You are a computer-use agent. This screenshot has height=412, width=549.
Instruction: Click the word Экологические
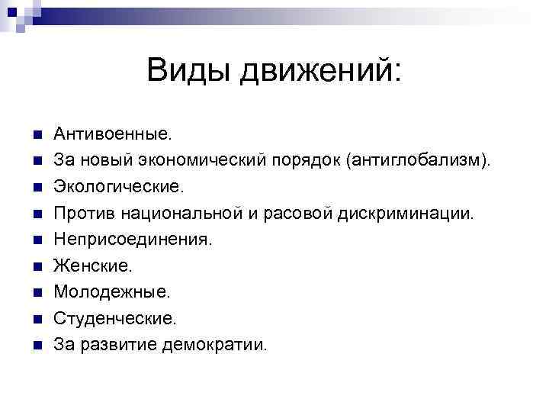(118, 187)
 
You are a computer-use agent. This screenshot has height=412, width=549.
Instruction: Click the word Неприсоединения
(133, 240)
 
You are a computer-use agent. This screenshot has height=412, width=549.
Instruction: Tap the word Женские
(92, 266)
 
